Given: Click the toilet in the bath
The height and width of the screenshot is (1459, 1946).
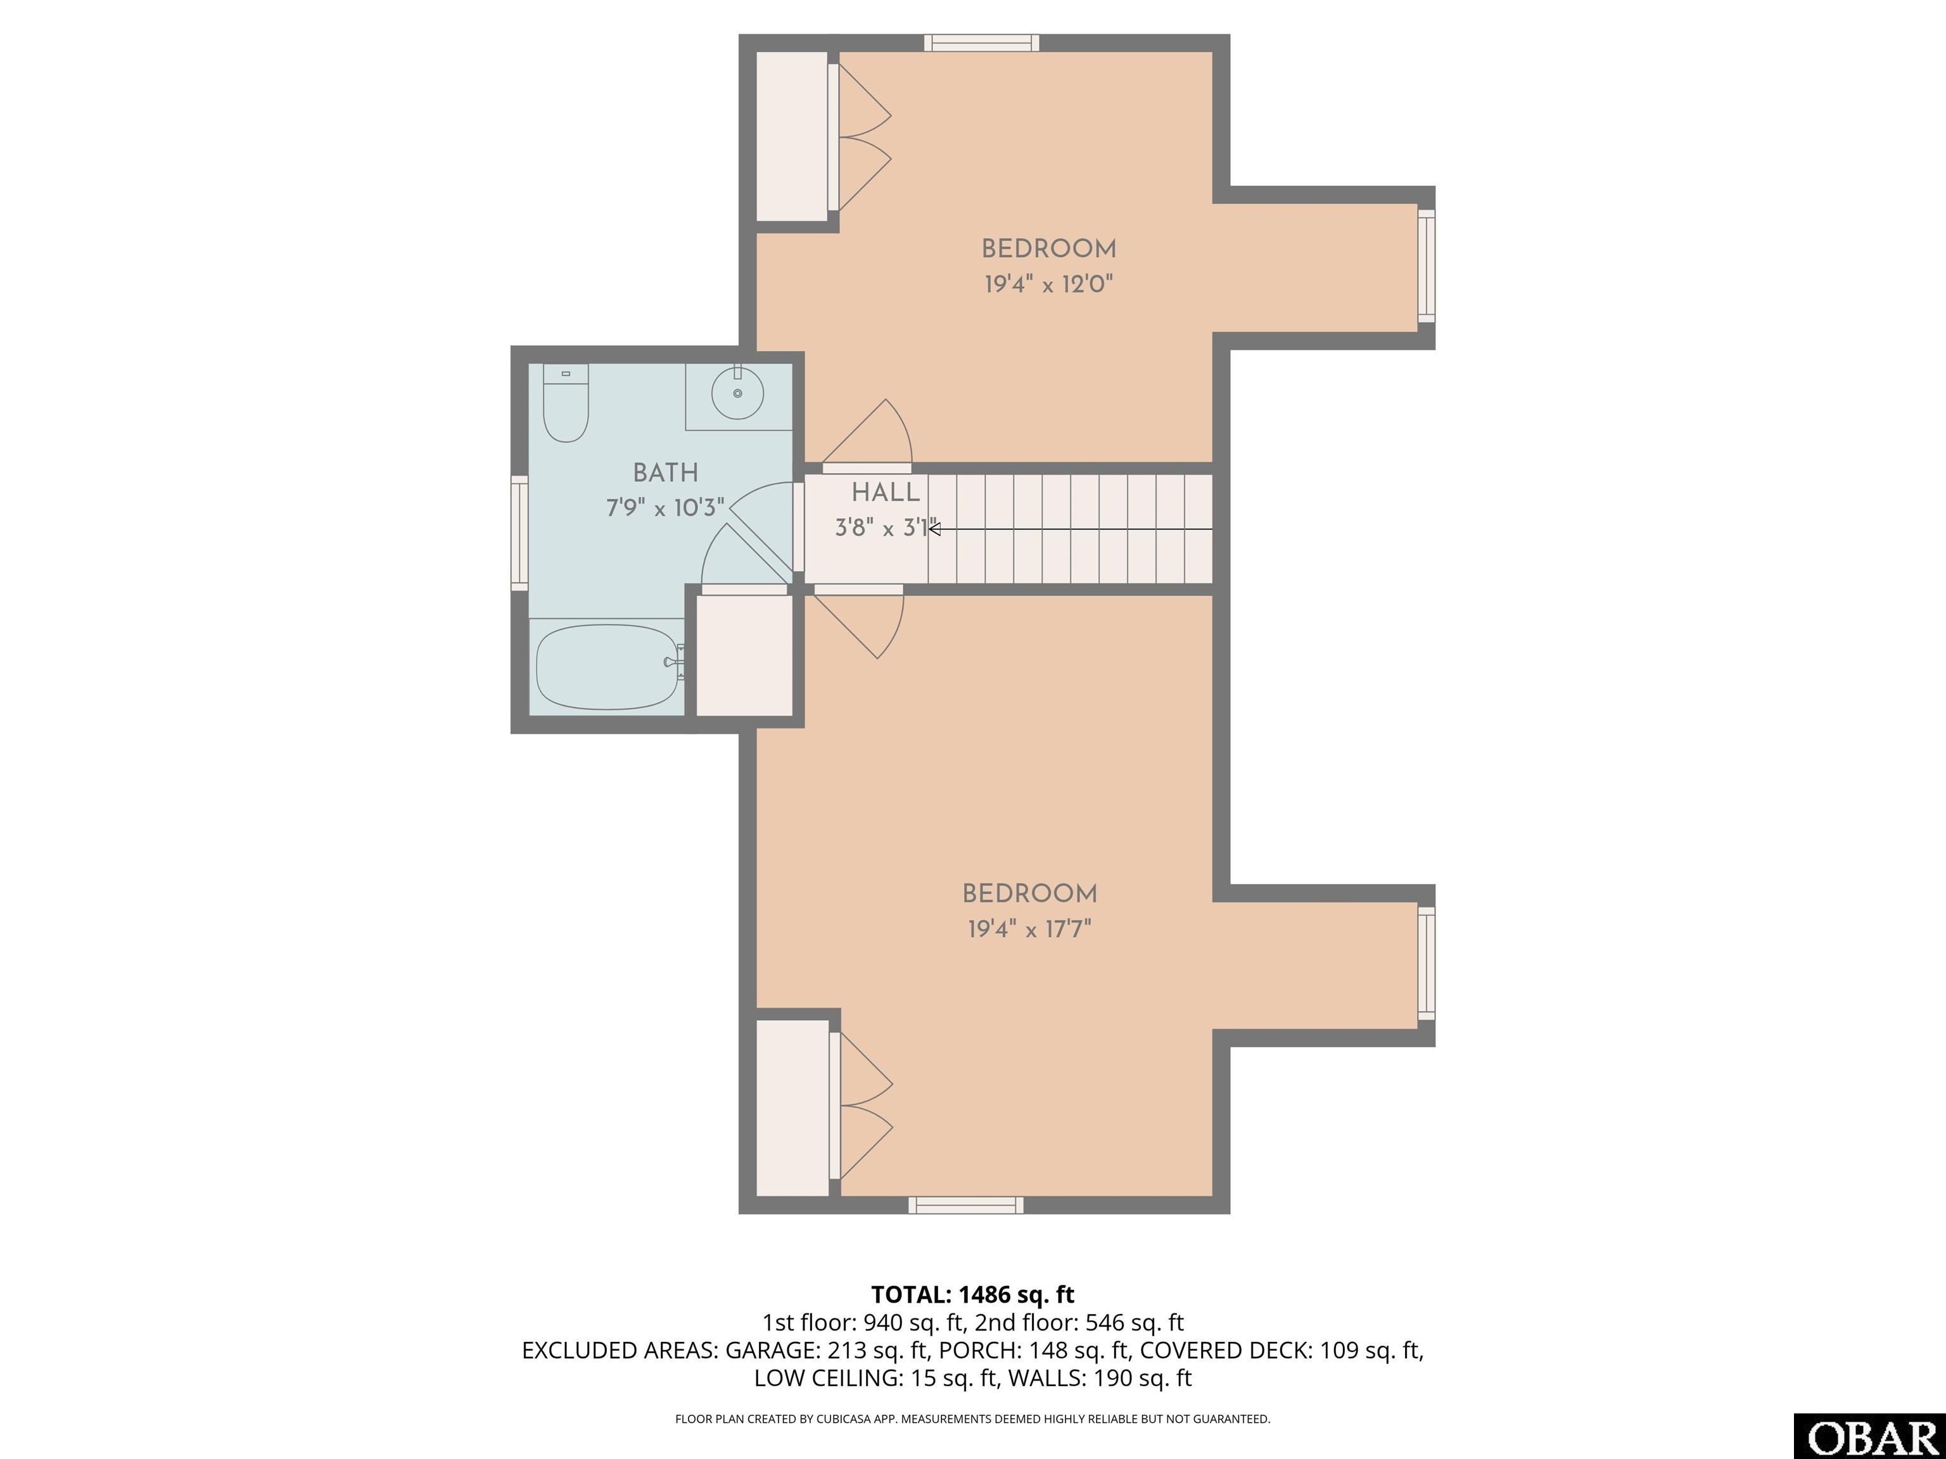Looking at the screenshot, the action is tap(566, 403).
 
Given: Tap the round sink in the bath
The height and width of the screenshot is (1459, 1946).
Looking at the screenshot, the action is tap(737, 393).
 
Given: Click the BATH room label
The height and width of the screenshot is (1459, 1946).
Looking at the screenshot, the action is tap(666, 473).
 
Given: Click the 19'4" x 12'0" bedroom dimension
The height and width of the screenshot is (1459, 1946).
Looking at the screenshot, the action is tap(1048, 284).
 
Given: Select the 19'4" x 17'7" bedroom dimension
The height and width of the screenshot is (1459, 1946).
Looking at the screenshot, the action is tap(1029, 930).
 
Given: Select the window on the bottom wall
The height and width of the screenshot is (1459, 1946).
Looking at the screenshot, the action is tap(966, 1205).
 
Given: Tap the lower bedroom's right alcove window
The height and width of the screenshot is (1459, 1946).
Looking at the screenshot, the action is tap(1426, 964).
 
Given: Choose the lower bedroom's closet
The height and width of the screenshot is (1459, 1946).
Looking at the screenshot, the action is tap(792, 1108).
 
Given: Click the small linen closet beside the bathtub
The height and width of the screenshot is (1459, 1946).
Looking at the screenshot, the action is tap(744, 656).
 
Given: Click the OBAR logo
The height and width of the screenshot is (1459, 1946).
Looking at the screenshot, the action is tap(1869, 1437).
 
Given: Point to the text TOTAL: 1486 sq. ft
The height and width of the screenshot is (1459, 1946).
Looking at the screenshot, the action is tap(972, 1294).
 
